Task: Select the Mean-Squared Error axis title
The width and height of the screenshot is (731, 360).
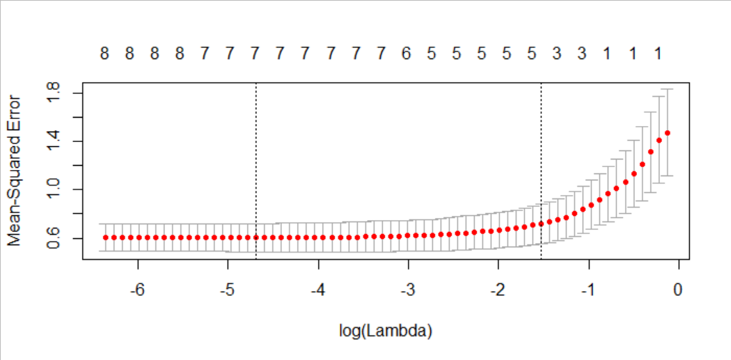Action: click(15, 171)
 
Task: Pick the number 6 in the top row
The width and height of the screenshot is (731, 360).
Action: click(406, 54)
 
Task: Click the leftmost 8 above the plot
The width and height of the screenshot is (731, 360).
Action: click(104, 54)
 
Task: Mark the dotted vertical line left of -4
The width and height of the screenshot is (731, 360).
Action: click(256, 171)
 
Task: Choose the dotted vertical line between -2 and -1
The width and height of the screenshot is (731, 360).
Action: click(541, 171)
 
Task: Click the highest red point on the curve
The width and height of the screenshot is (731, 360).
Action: click(667, 133)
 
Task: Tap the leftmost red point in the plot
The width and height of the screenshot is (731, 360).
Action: click(105, 237)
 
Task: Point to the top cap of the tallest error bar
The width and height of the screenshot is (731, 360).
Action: click(667, 89)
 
